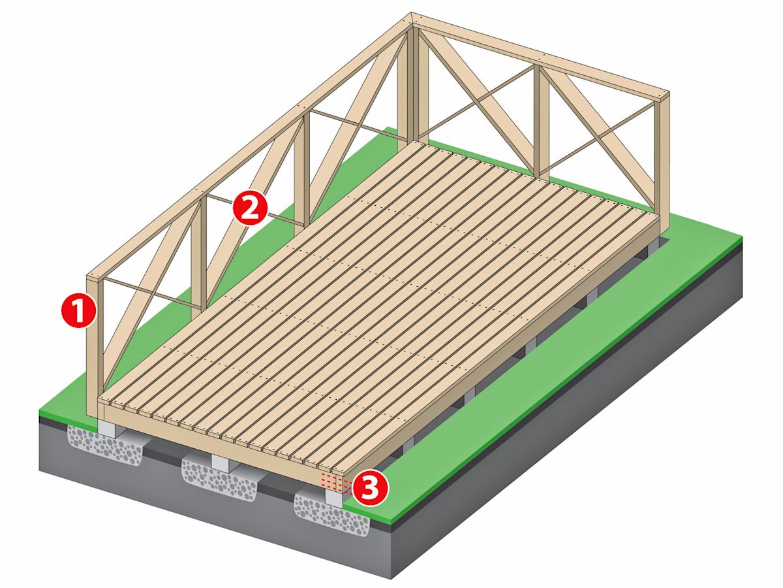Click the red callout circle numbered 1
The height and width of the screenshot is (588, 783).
click(79, 310)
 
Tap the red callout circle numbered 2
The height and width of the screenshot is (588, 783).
click(250, 208)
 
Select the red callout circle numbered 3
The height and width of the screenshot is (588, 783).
click(369, 488)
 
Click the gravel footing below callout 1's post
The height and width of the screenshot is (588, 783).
click(105, 444)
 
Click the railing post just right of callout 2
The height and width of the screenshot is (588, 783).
click(302, 175)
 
